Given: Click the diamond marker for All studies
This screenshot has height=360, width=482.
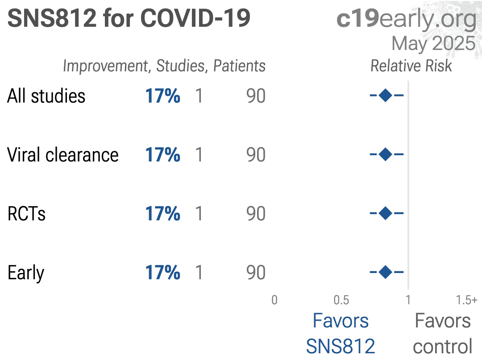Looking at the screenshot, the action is tap(386, 95).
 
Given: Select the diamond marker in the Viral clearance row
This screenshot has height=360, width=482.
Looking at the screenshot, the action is tap(386, 154).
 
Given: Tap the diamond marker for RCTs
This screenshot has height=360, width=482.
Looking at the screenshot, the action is tap(386, 213).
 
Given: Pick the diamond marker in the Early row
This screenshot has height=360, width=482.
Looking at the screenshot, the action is tap(386, 272).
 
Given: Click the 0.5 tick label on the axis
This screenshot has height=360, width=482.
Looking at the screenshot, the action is tap(341, 300).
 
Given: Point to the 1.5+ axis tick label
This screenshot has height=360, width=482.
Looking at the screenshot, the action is tap(467, 300).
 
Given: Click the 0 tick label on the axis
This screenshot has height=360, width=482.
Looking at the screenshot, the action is tap(274, 300).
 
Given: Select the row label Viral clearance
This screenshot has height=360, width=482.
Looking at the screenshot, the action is tap(63, 154).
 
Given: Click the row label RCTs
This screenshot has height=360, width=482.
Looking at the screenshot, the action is tap(26, 214).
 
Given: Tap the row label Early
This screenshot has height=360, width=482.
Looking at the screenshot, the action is tap(26, 273).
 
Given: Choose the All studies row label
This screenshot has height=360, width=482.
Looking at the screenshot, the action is tap(46, 96).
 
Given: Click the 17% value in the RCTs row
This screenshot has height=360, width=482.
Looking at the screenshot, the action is tap(162, 214).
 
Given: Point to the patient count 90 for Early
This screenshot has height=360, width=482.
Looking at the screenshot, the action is tap(256, 273).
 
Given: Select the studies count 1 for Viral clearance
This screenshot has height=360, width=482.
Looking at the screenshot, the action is tap(199, 154).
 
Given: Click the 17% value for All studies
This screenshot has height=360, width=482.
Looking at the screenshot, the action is tap(162, 96).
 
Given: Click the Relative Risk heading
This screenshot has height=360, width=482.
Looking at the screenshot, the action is tap(411, 66).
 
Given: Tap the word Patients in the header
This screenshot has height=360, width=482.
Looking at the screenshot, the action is tap(240, 66).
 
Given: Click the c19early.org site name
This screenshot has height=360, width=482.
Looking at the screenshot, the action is tap(407, 19).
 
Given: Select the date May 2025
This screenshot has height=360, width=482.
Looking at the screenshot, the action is tap(433, 44).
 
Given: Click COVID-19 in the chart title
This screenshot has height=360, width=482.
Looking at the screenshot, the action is tap(195, 18).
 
